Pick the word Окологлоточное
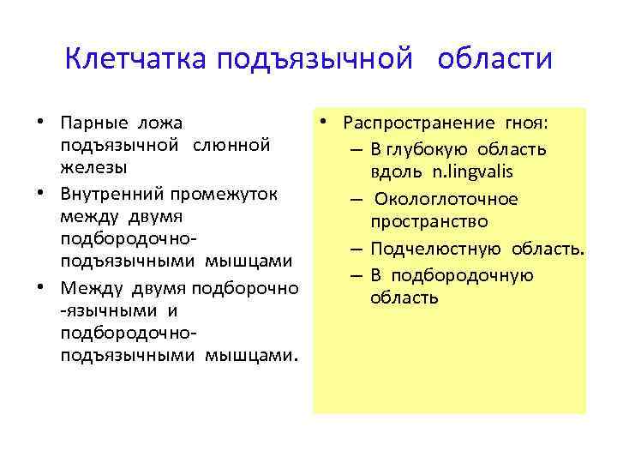[445, 200]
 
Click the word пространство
[428, 223]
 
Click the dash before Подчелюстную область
[355, 250]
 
